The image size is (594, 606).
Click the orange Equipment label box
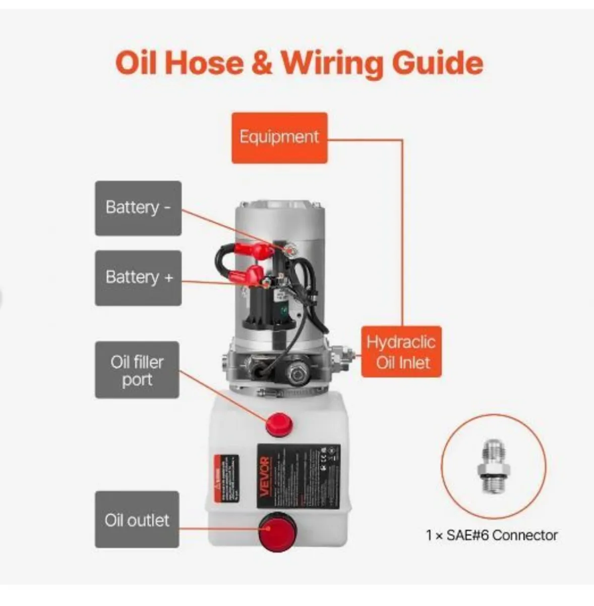pyautogui.click(x=279, y=138)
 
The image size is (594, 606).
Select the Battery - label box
pyautogui.click(x=138, y=208)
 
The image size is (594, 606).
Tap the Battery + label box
pyautogui.click(x=138, y=277)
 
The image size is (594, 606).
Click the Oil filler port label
pyautogui.click(x=137, y=370)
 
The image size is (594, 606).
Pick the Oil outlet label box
pyautogui.click(x=137, y=520)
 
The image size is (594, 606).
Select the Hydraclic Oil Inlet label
pyautogui.click(x=401, y=352)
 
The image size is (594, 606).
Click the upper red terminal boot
pyautogui.click(x=261, y=249)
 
